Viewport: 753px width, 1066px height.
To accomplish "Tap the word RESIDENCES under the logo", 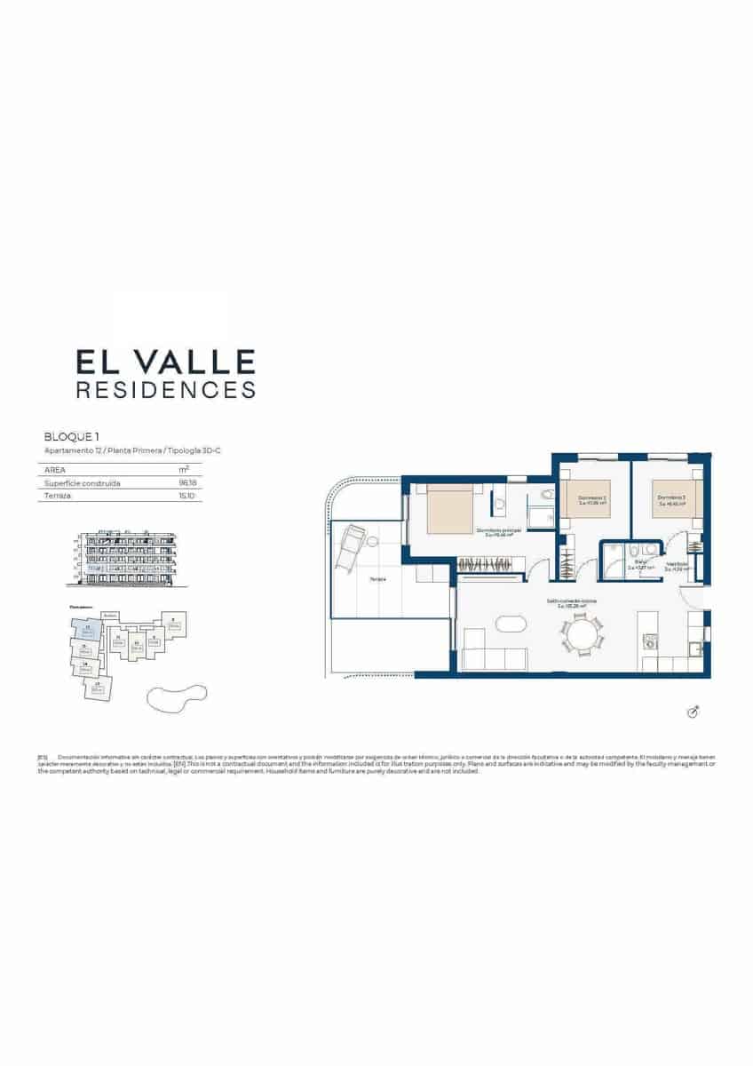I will tap(166, 389).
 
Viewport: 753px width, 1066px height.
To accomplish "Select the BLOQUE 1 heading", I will tap(71, 437).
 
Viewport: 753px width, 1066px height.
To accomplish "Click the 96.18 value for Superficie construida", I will tap(185, 483).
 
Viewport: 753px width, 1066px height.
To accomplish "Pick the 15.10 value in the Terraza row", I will tap(185, 496).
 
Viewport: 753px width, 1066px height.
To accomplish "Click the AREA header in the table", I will tap(55, 470).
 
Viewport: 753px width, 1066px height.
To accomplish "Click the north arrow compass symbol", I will tap(694, 712).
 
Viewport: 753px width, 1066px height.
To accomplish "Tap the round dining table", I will tap(582, 636).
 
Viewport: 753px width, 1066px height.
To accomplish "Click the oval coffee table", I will tap(510, 624).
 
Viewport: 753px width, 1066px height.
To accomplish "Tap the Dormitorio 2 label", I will tap(591, 497).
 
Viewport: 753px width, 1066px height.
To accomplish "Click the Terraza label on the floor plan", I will tap(377, 578).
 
